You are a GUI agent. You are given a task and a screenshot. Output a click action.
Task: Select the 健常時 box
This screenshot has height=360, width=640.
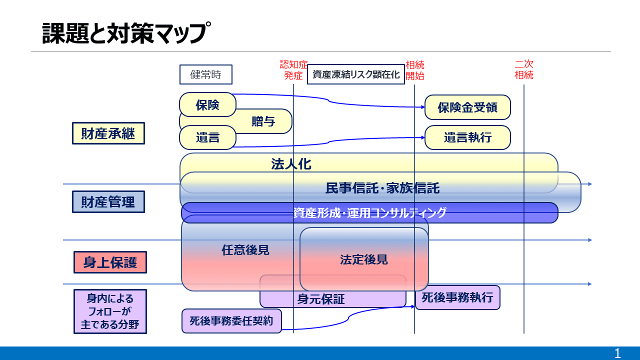click(205, 75)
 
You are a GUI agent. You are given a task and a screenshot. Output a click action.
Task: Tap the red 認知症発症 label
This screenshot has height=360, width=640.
click(293, 70)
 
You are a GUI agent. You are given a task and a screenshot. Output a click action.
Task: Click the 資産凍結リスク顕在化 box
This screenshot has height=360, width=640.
click(356, 74)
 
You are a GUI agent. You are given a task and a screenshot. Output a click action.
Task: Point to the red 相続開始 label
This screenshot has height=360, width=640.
click(415, 70)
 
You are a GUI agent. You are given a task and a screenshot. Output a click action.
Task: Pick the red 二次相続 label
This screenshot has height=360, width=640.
click(524, 70)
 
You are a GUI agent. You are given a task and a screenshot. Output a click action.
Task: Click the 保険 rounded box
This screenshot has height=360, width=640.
click(207, 104)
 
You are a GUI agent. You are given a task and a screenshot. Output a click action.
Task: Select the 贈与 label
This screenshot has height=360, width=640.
click(263, 121)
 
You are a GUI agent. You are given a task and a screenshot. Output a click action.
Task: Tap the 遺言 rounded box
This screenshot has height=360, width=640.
click(207, 137)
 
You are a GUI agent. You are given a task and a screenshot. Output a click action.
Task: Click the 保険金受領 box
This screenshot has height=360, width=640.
click(467, 107)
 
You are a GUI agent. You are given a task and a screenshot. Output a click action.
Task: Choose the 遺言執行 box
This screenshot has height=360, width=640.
click(467, 137)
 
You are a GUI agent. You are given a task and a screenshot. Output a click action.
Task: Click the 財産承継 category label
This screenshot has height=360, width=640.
click(108, 133)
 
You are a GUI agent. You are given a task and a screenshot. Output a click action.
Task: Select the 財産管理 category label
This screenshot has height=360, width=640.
click(108, 202)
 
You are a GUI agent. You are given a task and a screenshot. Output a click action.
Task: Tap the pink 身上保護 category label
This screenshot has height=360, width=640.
click(110, 262)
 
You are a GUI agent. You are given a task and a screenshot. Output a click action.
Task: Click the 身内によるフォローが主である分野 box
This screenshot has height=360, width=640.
click(110, 311)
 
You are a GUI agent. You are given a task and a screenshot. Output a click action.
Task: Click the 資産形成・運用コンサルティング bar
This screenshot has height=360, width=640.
click(369, 212)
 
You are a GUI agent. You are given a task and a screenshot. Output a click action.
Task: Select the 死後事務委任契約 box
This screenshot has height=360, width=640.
click(231, 321)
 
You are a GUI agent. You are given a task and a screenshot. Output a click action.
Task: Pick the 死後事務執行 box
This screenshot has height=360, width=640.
click(457, 298)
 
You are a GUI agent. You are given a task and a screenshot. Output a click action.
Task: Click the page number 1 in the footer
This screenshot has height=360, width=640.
click(617, 353)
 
